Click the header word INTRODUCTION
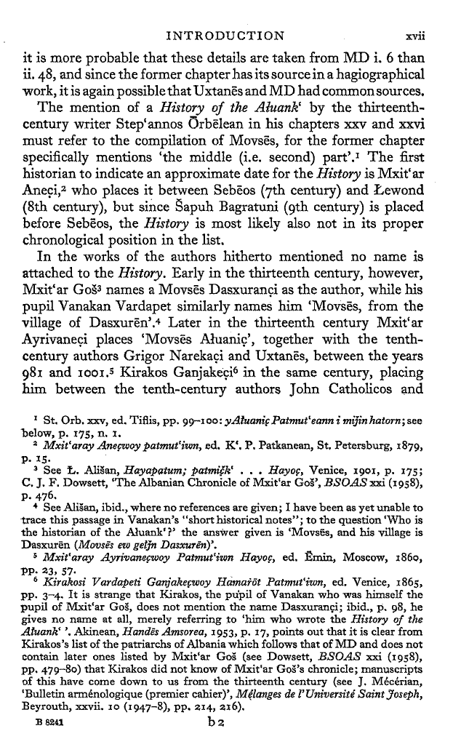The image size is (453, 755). tap(225, 33)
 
